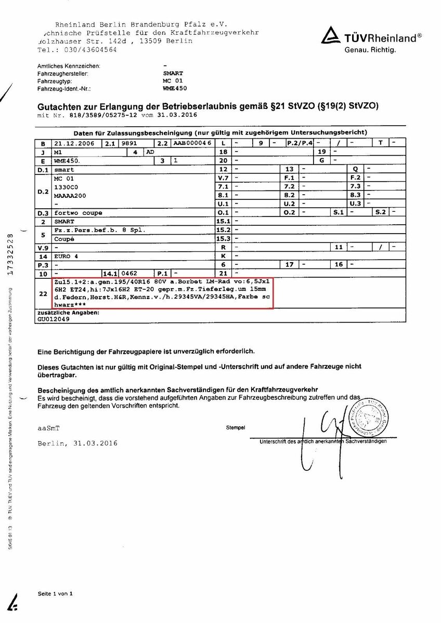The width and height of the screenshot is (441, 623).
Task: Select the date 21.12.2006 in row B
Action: [x=74, y=143]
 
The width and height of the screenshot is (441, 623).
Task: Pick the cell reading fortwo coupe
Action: [x=78, y=213]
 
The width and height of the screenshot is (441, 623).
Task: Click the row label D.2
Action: [x=43, y=191]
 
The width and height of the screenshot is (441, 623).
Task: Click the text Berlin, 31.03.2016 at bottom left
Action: [x=77, y=443]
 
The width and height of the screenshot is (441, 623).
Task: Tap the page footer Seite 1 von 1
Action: [x=55, y=593]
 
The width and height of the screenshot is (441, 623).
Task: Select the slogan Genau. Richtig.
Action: [x=370, y=50]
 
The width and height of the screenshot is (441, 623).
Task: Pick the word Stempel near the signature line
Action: [x=235, y=428]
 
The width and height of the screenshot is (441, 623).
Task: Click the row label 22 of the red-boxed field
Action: [x=43, y=293]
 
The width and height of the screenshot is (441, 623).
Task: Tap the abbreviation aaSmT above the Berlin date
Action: [x=49, y=428]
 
